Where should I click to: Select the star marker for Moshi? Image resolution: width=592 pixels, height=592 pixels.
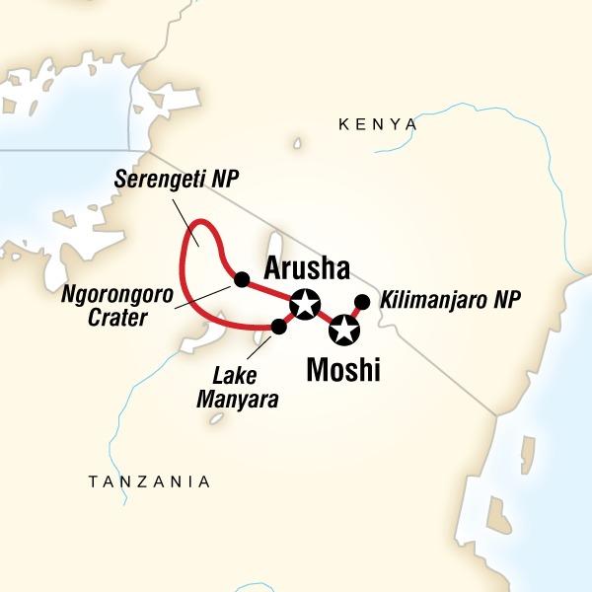click(343, 330)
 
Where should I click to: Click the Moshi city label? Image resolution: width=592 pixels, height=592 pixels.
click(342, 371)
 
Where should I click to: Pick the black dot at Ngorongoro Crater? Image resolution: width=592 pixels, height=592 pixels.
click(240, 279)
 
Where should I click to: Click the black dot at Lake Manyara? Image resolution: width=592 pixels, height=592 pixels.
click(278, 326)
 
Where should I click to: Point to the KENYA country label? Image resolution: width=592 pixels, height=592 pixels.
click(378, 124)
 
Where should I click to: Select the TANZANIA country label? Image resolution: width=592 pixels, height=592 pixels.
click(150, 481)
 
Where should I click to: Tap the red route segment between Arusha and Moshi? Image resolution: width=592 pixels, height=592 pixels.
click(325, 317)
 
